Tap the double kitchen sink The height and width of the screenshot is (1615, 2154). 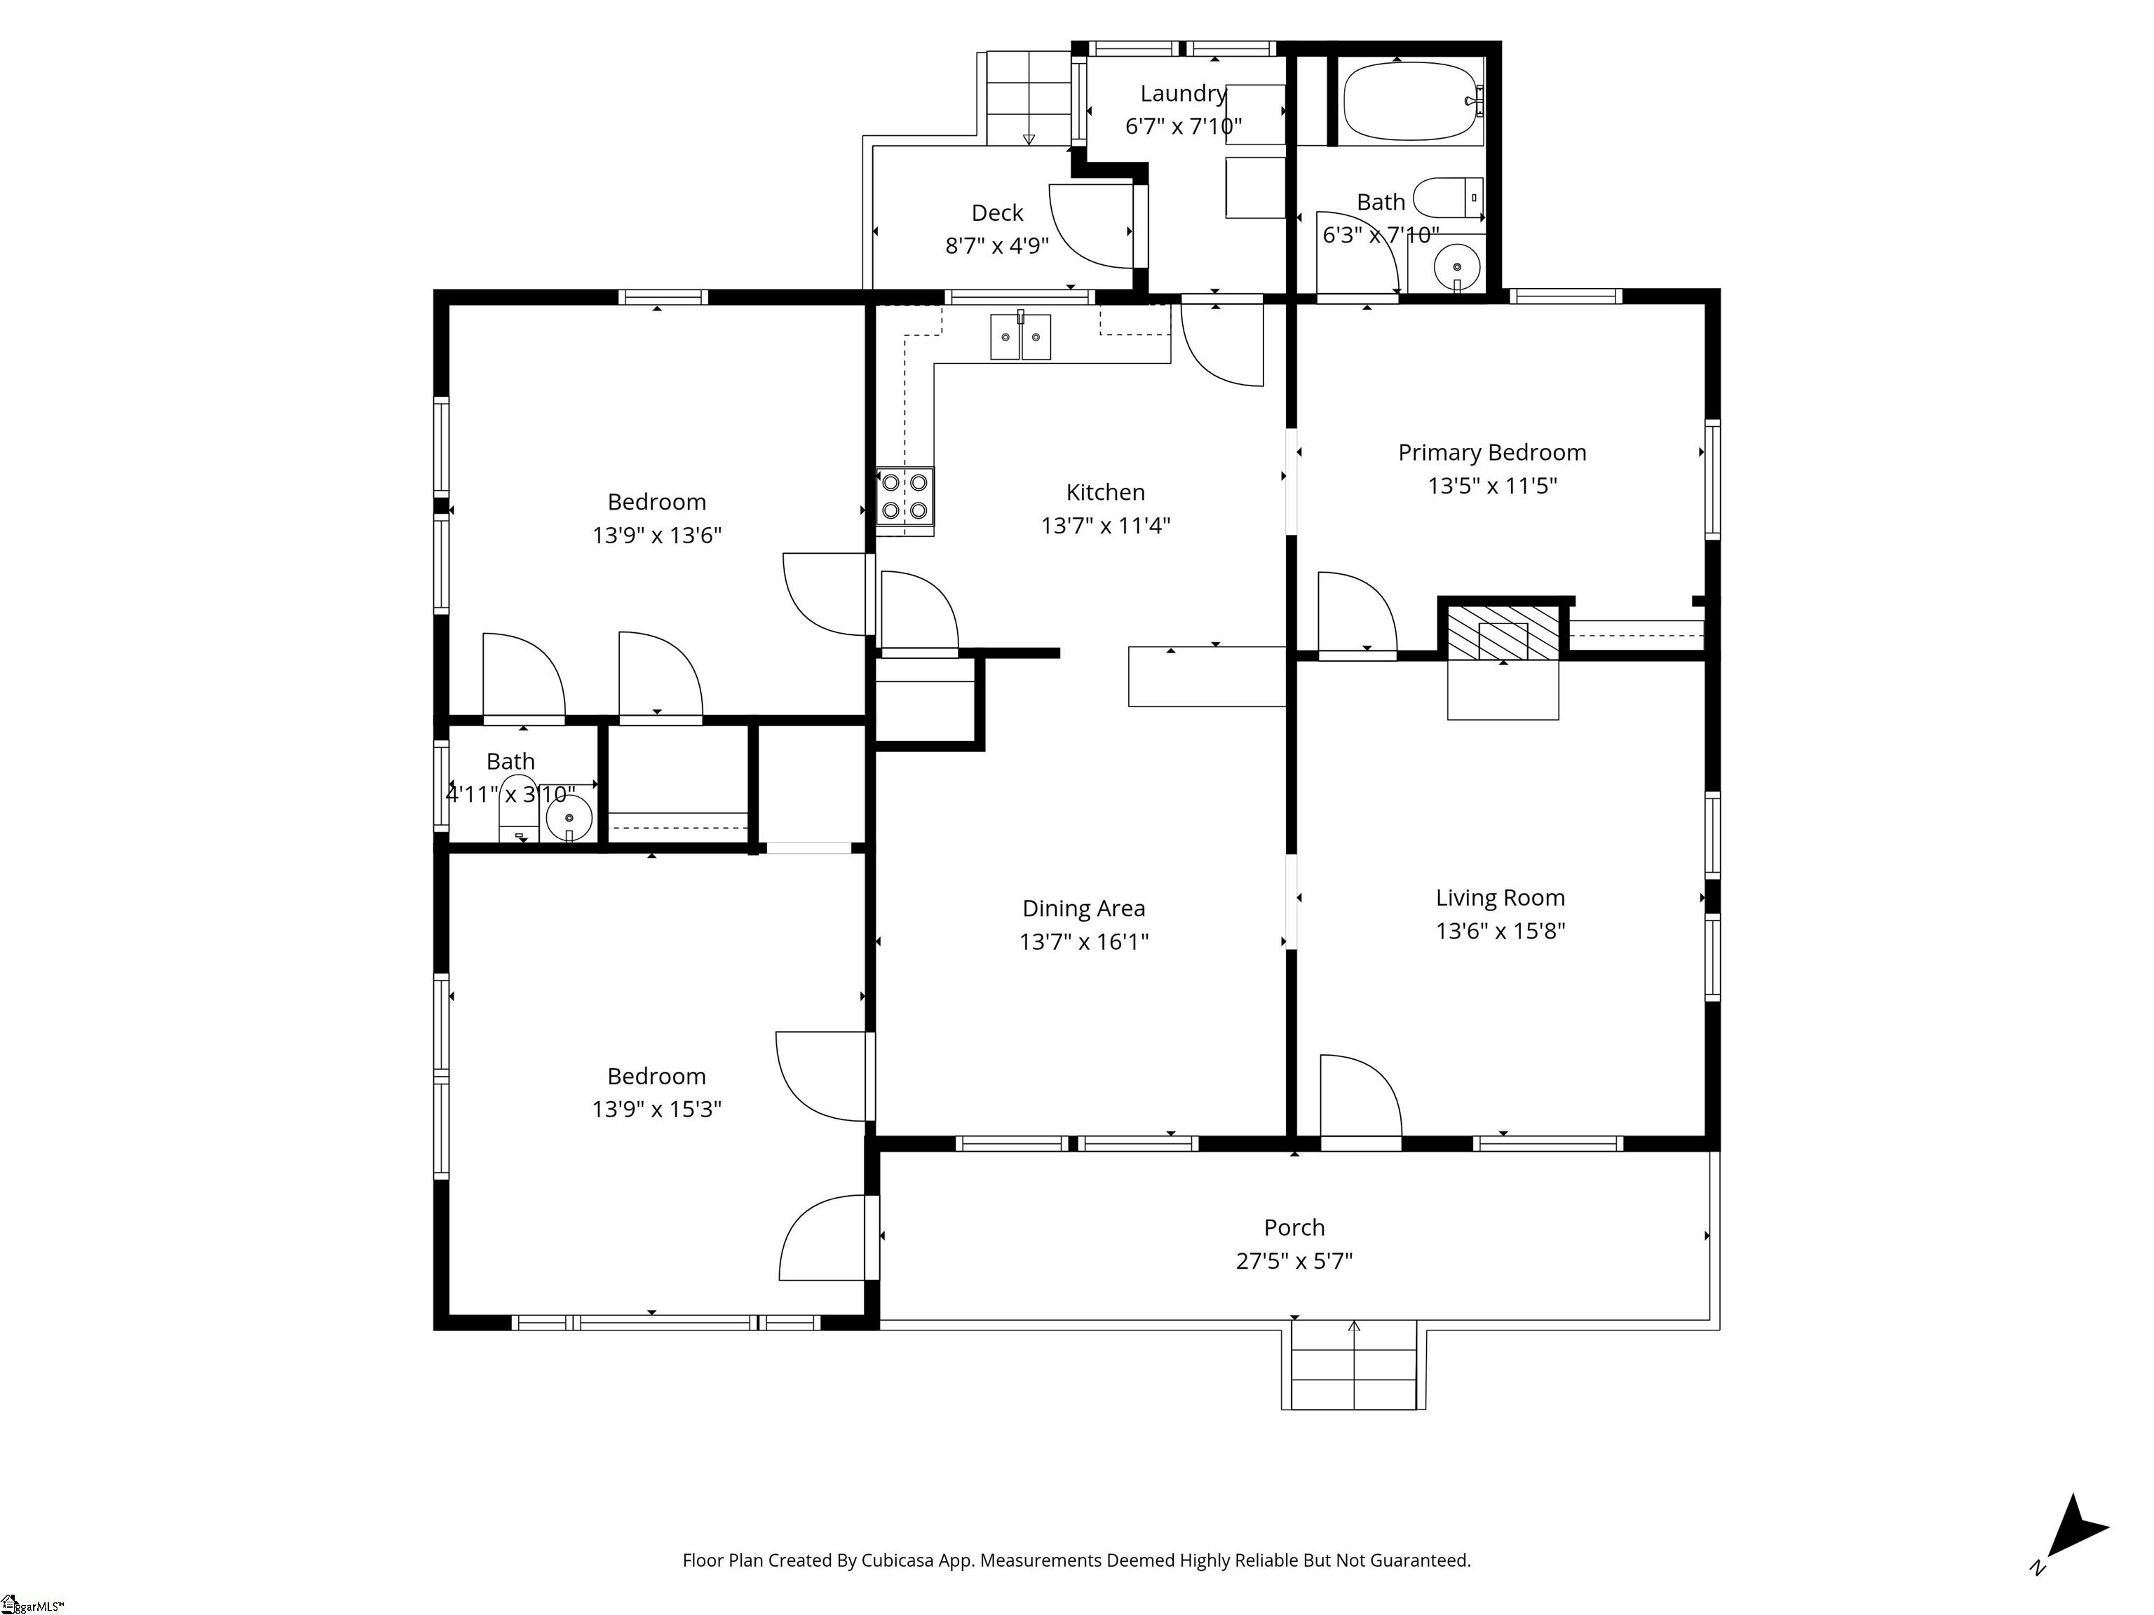[x=1020, y=337]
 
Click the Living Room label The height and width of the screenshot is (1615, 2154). [x=1500, y=897]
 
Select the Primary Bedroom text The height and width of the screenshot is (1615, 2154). [x=1492, y=453]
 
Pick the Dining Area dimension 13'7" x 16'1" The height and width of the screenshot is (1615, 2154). [x=1084, y=941]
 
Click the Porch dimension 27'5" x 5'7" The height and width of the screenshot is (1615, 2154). [x=1294, y=1260]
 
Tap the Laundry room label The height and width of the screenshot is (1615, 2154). [x=1183, y=93]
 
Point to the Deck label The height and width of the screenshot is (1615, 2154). [x=997, y=212]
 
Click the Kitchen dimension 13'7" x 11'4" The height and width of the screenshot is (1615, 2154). [x=1105, y=526]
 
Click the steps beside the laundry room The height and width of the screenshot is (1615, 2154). [x=1029, y=97]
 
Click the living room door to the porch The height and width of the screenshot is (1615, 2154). [x=1360, y=1095]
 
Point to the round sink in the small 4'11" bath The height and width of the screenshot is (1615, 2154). [x=569, y=818]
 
